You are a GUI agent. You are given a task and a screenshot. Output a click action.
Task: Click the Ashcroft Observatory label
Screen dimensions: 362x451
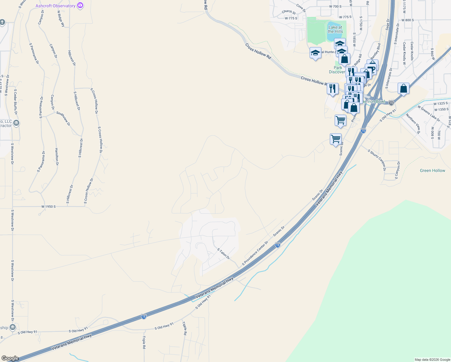tap(55, 6)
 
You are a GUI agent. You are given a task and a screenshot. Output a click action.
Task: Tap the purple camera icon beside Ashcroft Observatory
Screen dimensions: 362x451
tap(80, 5)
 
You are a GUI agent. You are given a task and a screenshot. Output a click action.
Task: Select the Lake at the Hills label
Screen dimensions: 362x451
tap(335, 29)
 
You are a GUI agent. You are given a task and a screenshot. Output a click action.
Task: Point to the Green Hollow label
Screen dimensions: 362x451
tap(432, 170)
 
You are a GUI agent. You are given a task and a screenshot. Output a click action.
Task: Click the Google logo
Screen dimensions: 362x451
tap(10, 358)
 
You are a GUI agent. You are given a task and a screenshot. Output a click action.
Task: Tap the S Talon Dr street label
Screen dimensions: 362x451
tap(223, 254)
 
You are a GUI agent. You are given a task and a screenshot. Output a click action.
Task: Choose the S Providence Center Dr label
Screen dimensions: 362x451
tap(255, 253)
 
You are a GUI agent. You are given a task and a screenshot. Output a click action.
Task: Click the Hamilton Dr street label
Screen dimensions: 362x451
tap(57, 157)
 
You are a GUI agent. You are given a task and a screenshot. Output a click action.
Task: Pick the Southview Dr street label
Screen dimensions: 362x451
tap(63, 118)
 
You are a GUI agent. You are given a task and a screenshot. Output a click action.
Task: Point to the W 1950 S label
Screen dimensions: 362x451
tap(49, 207)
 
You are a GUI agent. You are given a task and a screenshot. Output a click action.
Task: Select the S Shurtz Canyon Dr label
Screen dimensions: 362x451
tap(377, 160)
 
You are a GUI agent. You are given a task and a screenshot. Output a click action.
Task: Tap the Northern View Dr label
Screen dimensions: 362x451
tap(413, 123)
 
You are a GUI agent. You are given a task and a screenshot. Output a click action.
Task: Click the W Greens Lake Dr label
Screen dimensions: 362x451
tap(429, 113)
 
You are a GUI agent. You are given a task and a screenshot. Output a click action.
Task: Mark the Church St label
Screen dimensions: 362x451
tap(289, 12)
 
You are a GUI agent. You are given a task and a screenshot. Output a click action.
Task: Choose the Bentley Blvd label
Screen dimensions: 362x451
tap(376, 51)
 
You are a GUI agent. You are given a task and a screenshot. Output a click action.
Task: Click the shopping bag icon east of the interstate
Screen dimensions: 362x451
tap(403, 89)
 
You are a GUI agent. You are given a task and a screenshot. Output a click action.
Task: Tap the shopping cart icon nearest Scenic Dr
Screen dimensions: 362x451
tap(336, 139)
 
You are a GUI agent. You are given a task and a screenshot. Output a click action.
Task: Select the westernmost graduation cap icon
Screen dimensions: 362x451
tap(315, 53)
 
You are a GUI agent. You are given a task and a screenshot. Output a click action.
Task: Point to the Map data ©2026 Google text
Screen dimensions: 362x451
tap(432, 360)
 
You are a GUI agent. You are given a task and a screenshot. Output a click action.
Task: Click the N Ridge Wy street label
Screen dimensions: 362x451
tap(61, 19)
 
